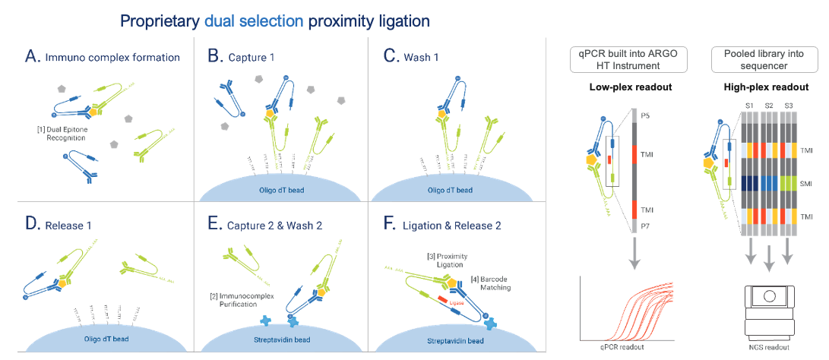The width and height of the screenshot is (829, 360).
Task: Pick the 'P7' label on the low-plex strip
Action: coord(647,227)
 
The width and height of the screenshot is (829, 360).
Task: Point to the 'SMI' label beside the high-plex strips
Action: coord(805,185)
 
